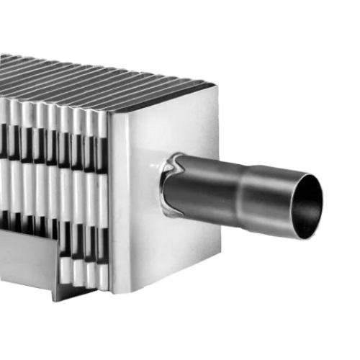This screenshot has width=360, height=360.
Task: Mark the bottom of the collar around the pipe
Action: (173, 215)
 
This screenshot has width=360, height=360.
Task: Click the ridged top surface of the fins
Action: (94, 76)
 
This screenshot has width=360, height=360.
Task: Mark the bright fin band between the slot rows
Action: (58, 187)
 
